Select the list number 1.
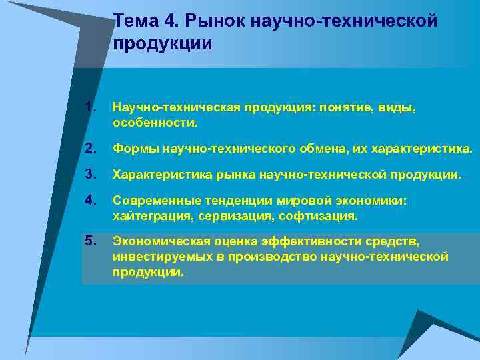click(91, 107)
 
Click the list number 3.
click(91, 175)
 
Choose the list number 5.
click(91, 240)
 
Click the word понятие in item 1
click(345, 107)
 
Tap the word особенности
click(155, 123)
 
